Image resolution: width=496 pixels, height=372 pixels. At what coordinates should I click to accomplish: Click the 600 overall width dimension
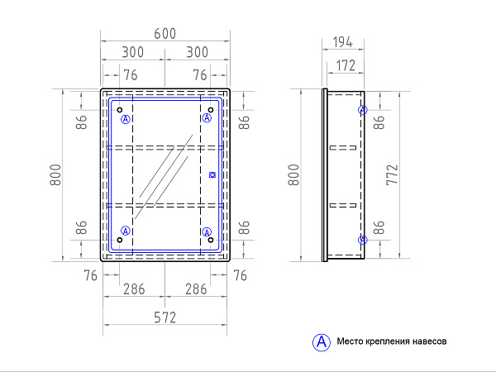tap(165, 34)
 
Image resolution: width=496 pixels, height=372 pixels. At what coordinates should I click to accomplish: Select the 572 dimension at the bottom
tap(165, 317)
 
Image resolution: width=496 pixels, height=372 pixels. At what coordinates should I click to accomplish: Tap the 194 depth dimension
tap(342, 42)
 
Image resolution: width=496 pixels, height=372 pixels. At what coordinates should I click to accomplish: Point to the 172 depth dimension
tap(346, 65)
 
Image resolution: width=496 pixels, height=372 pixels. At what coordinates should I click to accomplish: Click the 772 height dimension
tap(392, 174)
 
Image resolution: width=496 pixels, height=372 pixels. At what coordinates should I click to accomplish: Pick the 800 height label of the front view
tap(55, 174)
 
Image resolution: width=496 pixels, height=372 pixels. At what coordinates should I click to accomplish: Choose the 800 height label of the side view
tap(293, 174)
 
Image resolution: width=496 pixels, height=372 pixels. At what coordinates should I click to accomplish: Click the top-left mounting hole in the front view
tap(120, 110)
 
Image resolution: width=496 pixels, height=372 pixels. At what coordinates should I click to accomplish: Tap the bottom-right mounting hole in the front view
tap(211, 240)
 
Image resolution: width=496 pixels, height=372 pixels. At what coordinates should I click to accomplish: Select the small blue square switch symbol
tap(212, 174)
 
